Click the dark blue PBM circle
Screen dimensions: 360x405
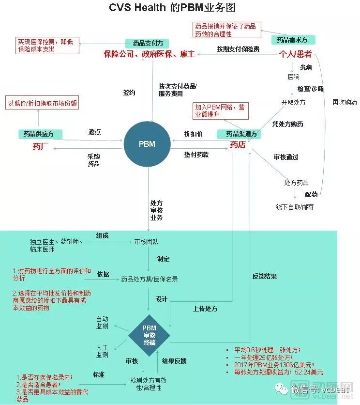(x=148, y=144)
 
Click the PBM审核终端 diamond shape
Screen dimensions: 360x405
(x=149, y=334)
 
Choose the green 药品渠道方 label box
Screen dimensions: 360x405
(x=237, y=133)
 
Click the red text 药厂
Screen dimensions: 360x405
(x=41, y=145)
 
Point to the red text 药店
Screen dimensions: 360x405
(x=237, y=144)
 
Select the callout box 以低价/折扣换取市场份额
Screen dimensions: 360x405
(x=42, y=103)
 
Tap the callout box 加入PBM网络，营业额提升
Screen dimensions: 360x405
(x=221, y=110)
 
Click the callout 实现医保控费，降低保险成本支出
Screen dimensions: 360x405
(x=46, y=46)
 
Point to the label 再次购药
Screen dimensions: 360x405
(x=345, y=102)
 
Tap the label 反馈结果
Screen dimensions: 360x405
(x=265, y=276)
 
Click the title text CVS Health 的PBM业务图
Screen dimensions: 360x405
(x=179, y=9)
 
